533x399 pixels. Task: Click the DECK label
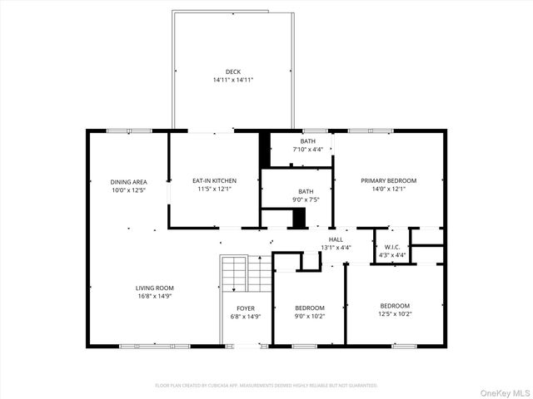tap(232, 71)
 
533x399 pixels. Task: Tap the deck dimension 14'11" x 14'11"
tap(232, 80)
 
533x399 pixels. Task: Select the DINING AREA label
tap(129, 181)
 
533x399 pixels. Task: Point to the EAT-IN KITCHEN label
tap(214, 180)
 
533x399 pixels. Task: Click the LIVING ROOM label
tap(155, 288)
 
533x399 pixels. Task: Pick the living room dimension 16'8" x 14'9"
tap(155, 296)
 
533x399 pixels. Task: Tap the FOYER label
tap(246, 308)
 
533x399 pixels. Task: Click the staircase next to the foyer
tap(236, 273)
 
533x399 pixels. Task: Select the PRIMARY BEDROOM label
tap(388, 180)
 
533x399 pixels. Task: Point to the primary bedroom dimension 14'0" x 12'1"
tap(388, 189)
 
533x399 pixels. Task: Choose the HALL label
tap(336, 239)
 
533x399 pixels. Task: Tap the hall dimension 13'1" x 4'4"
tap(336, 247)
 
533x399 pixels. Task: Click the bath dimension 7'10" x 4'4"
tap(307, 150)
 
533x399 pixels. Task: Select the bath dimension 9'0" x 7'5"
tap(306, 199)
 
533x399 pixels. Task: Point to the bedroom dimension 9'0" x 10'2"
tap(309, 316)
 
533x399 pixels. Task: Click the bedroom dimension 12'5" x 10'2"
tap(395, 313)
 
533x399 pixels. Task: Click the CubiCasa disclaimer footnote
tap(266, 386)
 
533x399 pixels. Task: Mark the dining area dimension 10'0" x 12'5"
tap(129, 190)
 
